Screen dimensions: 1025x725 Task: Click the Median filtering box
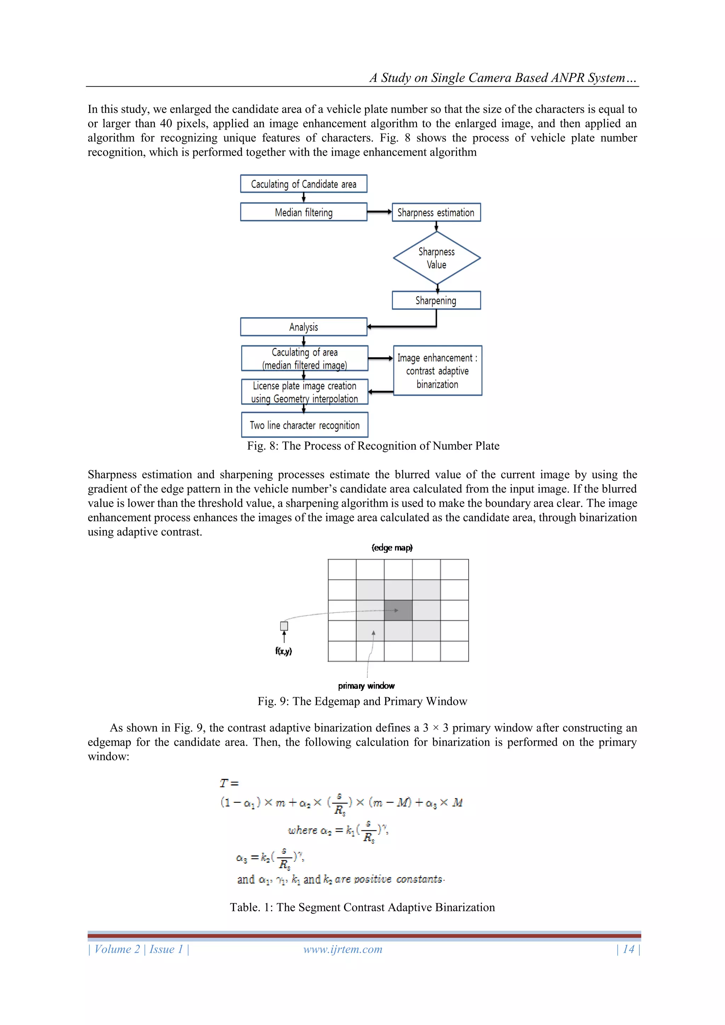pyautogui.click(x=304, y=212)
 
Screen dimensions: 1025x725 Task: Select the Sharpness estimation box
pyautogui.click(x=436, y=212)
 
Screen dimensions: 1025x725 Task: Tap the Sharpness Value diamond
pyautogui.click(x=436, y=258)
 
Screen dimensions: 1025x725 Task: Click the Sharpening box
pyautogui.click(x=436, y=301)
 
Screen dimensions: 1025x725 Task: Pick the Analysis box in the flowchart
pyautogui.click(x=304, y=327)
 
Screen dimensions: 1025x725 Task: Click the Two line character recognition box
pyautogui.click(x=304, y=425)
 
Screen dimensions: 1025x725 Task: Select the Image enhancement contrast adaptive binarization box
pyautogui.click(x=438, y=371)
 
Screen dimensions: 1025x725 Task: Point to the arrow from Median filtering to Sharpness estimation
pyautogui.click(x=379, y=212)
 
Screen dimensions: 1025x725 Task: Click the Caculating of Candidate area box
pyautogui.click(x=304, y=184)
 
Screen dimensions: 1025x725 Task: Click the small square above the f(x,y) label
pyautogui.click(x=284, y=626)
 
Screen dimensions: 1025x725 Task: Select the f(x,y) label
pyautogui.click(x=284, y=651)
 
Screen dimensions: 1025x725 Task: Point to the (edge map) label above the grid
pyautogui.click(x=392, y=548)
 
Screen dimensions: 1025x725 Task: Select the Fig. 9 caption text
pyautogui.click(x=362, y=701)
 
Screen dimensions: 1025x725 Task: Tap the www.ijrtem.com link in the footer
pyautogui.click(x=343, y=949)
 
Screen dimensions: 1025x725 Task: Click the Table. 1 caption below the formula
pyautogui.click(x=362, y=907)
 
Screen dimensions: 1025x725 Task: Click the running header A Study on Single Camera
pyautogui.click(x=503, y=78)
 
